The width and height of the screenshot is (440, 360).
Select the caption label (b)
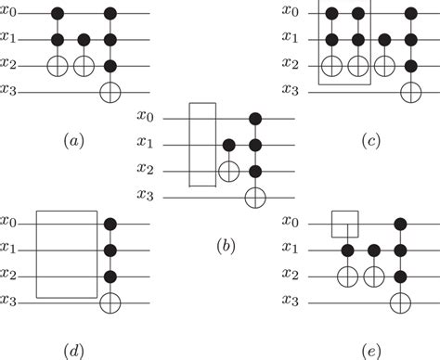(223, 247)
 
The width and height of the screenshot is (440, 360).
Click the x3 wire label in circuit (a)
(12, 92)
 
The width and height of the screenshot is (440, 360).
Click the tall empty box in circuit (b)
(203, 146)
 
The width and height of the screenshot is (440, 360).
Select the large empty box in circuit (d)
(67, 253)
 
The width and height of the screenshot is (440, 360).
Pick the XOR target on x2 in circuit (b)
(227, 170)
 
